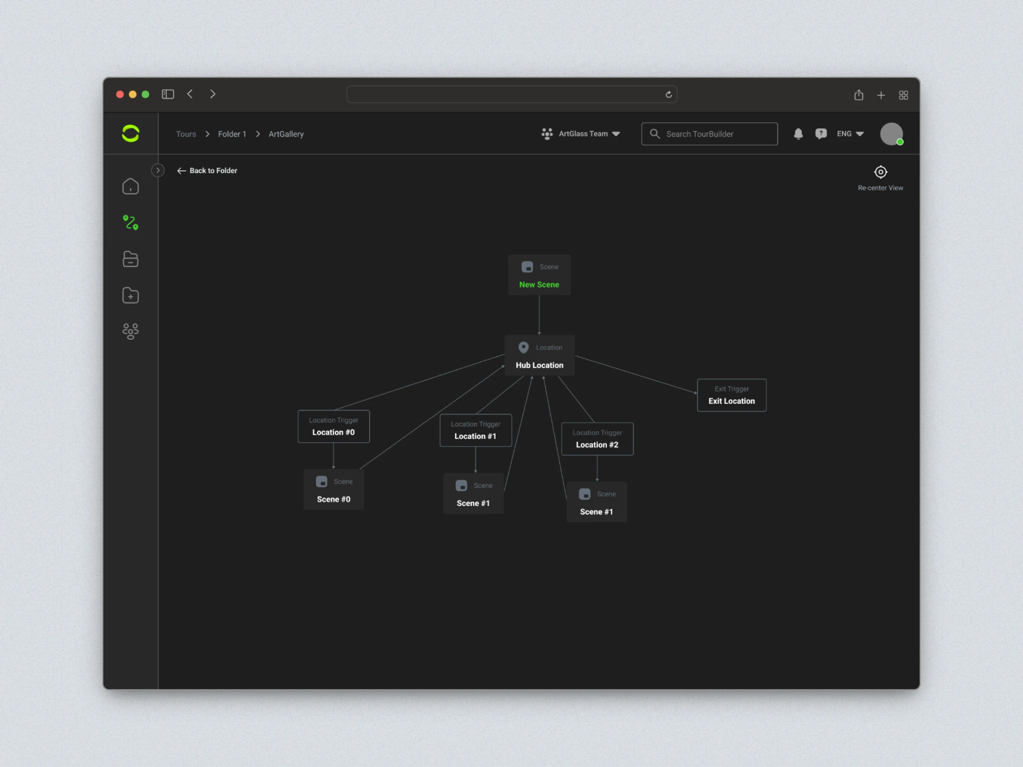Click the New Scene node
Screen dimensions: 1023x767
coord(539,275)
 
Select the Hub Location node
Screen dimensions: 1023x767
coord(539,355)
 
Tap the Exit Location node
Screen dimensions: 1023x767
coord(732,395)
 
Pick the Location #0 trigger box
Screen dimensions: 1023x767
coord(333,426)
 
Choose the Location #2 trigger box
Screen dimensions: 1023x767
coord(597,439)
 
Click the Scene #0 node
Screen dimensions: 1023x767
coord(333,490)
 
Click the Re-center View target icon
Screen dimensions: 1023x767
coord(880,172)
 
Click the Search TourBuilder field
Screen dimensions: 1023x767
coord(710,134)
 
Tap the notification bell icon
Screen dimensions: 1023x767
coord(798,134)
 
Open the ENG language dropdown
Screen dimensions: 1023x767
coord(850,134)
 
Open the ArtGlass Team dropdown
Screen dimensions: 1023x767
coord(581,134)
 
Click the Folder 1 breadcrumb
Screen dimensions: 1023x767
coord(232,134)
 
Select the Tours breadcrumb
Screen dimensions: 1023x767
coord(186,134)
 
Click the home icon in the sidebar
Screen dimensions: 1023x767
coord(131,186)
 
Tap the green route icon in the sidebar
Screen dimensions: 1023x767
coord(131,222)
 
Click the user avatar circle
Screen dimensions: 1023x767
coord(891,134)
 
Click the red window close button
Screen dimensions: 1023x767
coord(120,94)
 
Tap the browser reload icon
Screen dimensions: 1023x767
coord(669,94)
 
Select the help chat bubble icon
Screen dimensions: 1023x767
coord(821,134)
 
